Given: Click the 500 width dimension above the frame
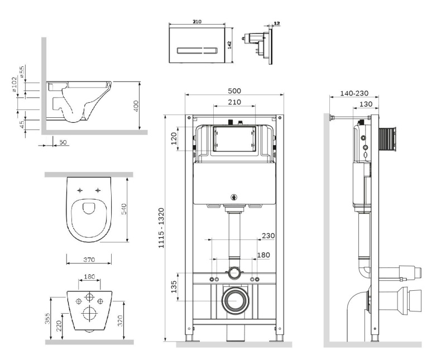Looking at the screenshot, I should [234, 91].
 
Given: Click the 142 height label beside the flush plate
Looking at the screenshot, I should [230, 44].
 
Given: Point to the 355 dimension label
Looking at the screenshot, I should [48, 319].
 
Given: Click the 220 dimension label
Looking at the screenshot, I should [59, 326].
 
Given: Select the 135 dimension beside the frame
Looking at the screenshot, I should [175, 287].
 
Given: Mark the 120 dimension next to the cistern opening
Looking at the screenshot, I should [174, 137].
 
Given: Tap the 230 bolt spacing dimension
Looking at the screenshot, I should [268, 236].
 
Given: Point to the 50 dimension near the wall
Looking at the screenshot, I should [63, 142].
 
